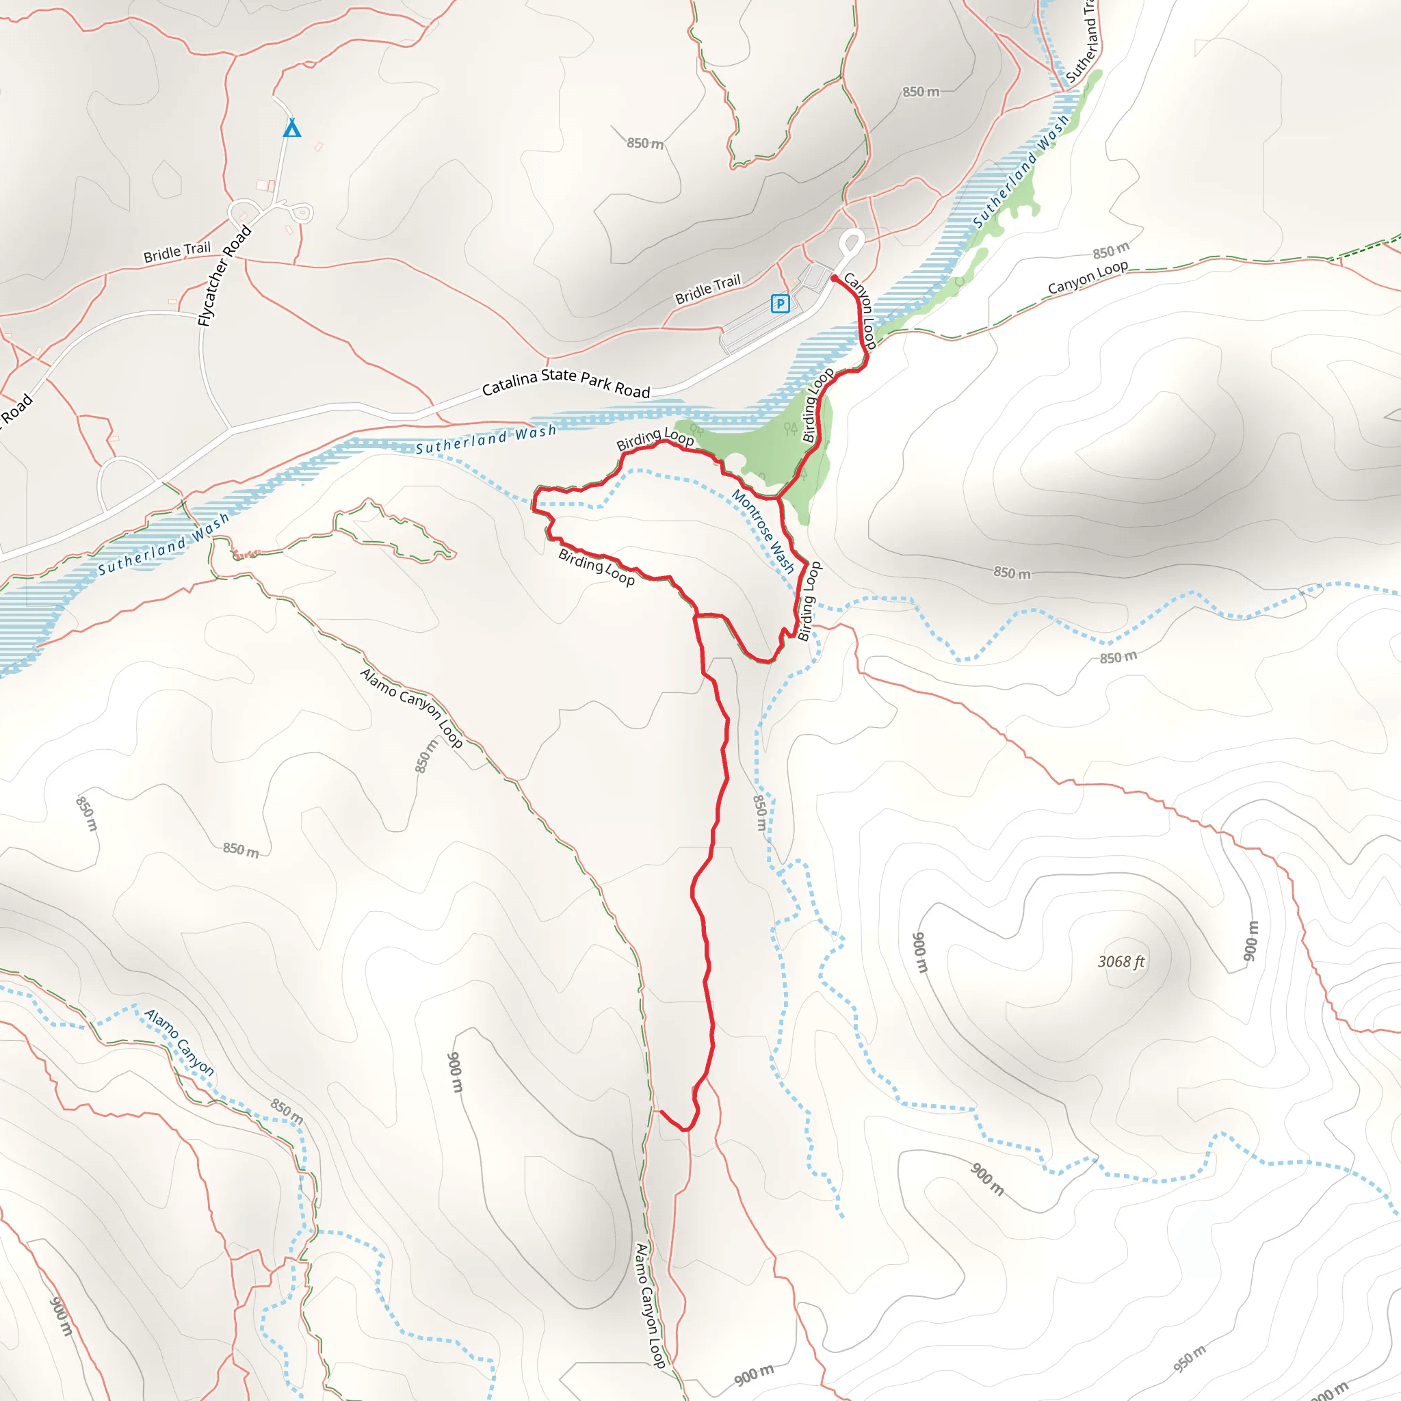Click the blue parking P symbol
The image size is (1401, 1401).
click(780, 303)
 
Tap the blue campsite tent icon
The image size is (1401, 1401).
click(291, 129)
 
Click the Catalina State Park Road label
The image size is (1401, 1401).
click(566, 382)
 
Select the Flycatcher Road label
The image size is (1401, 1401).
click(225, 276)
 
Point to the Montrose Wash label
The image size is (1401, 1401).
click(763, 531)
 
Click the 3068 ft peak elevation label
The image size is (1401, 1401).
click(1121, 963)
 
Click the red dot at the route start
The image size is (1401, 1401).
click(834, 278)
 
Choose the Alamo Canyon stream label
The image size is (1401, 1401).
click(179, 1042)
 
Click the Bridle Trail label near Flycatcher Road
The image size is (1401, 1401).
click(177, 252)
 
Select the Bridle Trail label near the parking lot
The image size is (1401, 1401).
click(708, 289)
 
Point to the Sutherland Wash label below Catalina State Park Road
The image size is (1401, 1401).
click(486, 439)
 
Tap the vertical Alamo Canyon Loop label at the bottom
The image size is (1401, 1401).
click(651, 1305)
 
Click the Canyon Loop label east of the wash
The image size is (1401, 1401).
click(1088, 277)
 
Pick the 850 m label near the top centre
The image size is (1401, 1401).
click(644, 143)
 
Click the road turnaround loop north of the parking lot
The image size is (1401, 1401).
click(853, 242)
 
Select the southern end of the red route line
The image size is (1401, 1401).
click(662, 1111)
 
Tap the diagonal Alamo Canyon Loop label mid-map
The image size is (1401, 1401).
click(411, 707)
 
